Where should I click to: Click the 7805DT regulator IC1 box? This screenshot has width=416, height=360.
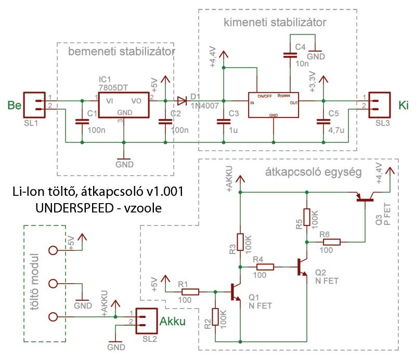124,105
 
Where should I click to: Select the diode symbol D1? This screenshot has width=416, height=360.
182,101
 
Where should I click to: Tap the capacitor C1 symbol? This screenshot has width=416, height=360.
82,122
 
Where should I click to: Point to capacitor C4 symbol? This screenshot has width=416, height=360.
290,55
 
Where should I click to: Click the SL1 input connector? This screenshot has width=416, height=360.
34,105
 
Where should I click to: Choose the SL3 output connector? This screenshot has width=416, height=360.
380,105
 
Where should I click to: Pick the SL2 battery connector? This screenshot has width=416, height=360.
147,321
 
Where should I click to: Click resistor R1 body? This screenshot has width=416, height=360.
190,292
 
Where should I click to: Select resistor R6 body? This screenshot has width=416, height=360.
332,242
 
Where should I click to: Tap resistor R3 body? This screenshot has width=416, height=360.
240,242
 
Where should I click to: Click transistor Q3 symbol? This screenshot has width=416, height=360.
365,197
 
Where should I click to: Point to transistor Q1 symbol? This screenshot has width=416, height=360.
236,292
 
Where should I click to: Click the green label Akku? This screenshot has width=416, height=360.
173,321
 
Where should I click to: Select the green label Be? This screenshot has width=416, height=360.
15,105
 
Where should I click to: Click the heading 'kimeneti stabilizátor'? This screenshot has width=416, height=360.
275,22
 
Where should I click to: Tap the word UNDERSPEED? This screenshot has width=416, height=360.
74,208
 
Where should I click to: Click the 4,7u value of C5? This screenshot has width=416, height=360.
336,130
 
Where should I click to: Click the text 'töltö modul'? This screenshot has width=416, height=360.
34,282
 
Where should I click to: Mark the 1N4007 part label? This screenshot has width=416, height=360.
204,106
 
